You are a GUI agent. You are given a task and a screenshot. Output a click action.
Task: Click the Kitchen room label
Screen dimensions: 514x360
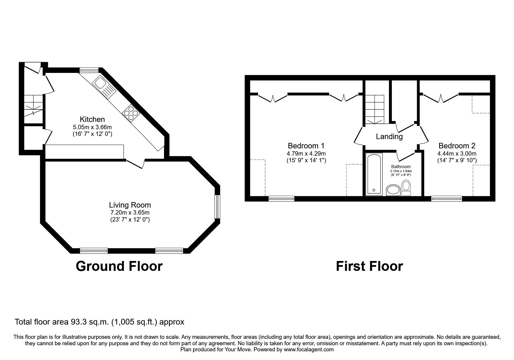point(92,119)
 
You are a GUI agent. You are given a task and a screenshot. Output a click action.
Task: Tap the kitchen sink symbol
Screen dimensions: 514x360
point(104,86)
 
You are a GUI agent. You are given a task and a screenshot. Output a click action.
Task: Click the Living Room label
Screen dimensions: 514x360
point(130,205)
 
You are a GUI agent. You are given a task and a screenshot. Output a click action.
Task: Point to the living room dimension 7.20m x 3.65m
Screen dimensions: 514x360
point(130,213)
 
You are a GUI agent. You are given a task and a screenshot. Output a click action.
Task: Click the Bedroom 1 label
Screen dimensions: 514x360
point(306,146)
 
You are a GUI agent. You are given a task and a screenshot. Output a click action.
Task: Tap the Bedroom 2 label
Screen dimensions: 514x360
point(457,146)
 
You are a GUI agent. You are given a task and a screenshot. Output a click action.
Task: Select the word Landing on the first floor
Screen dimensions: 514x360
point(389,136)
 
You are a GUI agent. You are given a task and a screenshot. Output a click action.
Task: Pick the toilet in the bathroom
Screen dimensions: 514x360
point(406,188)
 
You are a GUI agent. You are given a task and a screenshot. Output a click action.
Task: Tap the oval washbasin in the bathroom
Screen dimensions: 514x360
point(393,190)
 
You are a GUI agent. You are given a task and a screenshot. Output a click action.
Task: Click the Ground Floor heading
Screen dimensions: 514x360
point(119,266)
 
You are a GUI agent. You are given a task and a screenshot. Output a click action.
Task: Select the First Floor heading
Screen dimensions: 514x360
point(369,266)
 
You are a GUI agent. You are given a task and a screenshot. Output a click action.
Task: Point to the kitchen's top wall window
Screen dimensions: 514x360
point(89,70)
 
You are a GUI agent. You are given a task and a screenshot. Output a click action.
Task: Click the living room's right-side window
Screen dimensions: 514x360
point(217,207)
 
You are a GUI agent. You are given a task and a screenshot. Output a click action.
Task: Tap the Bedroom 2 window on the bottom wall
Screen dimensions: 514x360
point(446,199)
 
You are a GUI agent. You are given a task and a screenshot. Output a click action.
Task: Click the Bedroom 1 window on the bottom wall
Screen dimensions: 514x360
point(281,199)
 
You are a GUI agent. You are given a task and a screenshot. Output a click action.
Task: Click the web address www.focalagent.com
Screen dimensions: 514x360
point(309,350)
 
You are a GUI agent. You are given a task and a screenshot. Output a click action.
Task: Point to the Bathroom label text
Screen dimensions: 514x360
point(401,167)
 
